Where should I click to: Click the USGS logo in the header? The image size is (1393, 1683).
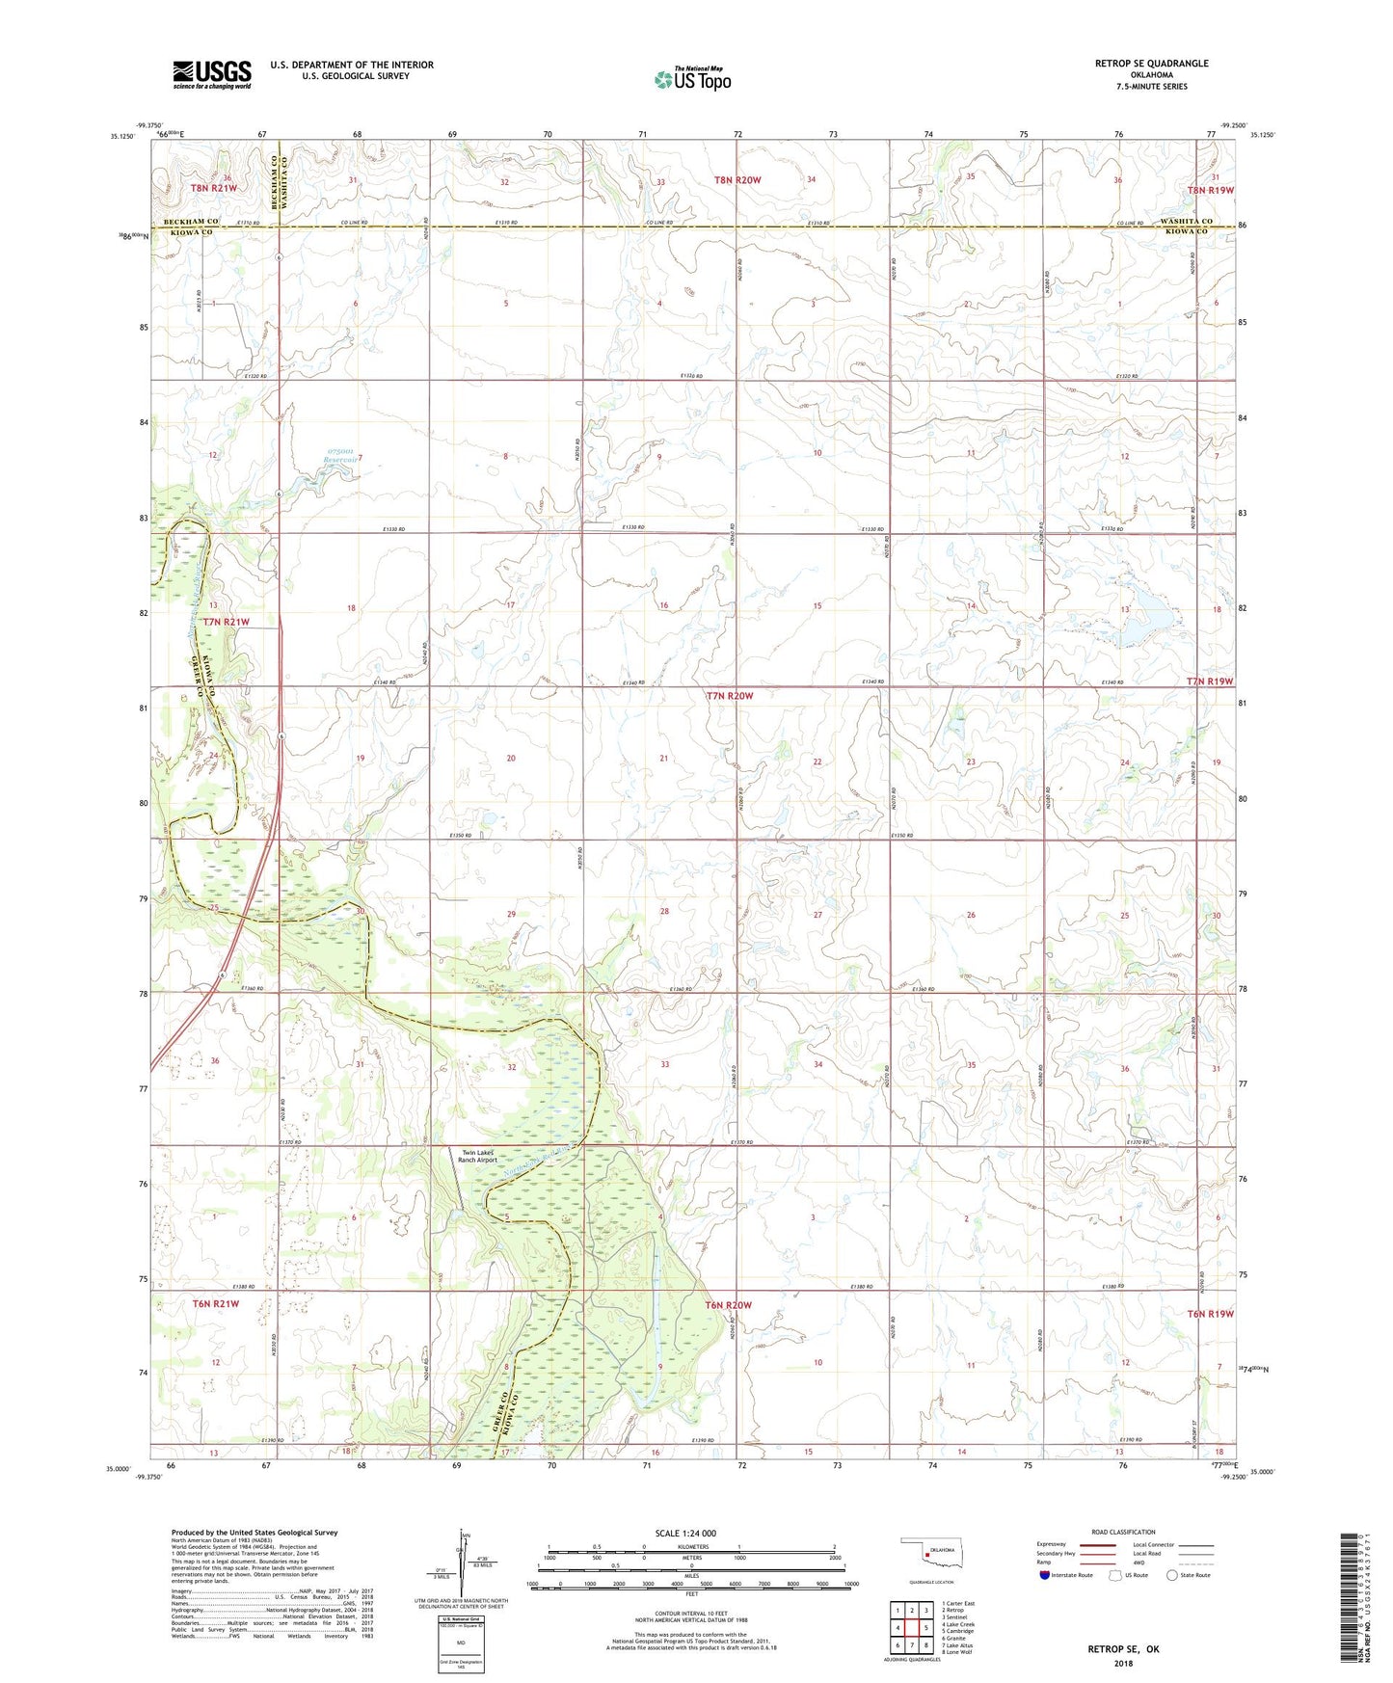pos(212,74)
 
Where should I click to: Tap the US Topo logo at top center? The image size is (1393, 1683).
pos(692,79)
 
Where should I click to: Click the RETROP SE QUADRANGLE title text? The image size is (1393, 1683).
pos(1151,64)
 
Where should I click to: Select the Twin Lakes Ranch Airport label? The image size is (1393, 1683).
pos(477,1156)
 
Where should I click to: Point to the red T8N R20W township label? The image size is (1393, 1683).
pos(737,180)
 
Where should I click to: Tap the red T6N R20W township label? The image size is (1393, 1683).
pos(728,1305)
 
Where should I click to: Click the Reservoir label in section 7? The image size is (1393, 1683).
pos(339,460)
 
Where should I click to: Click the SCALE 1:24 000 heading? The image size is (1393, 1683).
pos(685,1533)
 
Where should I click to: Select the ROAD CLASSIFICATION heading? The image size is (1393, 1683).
pos(1123,1532)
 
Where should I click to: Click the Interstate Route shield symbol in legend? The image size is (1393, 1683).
pos(1045,1575)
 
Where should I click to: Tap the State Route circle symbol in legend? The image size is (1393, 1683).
pos(1171,1575)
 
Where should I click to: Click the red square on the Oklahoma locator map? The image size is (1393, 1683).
pos(926,1553)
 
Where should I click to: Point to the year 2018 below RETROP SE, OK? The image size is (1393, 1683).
pos(1123,1663)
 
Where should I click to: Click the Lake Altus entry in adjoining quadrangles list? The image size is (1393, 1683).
pos(961,1644)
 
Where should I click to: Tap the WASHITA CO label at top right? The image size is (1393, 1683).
pos(1187,221)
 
